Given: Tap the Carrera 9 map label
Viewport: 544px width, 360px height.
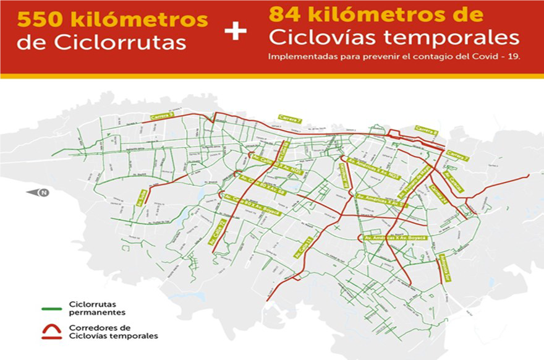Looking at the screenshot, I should pyautogui.click(x=161, y=117).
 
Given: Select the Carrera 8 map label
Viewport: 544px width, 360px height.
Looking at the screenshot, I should pyautogui.click(x=427, y=129).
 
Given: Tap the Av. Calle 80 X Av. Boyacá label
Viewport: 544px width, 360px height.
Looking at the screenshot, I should pyautogui.click(x=251, y=205).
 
